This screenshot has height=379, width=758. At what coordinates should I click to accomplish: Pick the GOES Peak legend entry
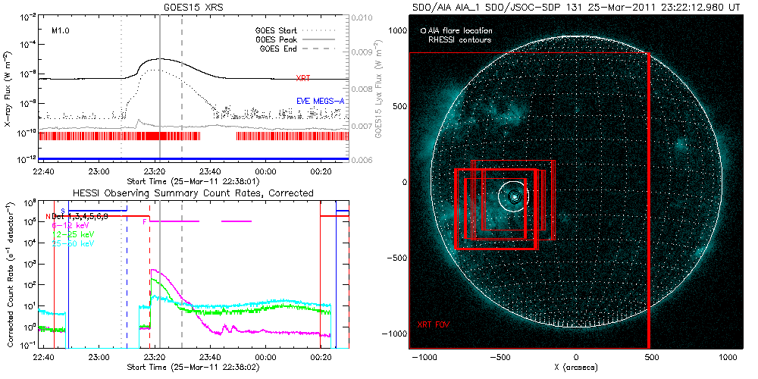[x=277, y=39]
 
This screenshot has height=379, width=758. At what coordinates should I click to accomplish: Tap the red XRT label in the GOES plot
[x=302, y=78]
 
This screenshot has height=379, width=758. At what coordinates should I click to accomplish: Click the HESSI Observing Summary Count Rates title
[x=193, y=193]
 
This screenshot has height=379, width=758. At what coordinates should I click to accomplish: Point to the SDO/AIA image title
[x=576, y=7]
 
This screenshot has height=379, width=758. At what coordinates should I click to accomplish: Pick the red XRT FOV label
[x=432, y=324]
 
